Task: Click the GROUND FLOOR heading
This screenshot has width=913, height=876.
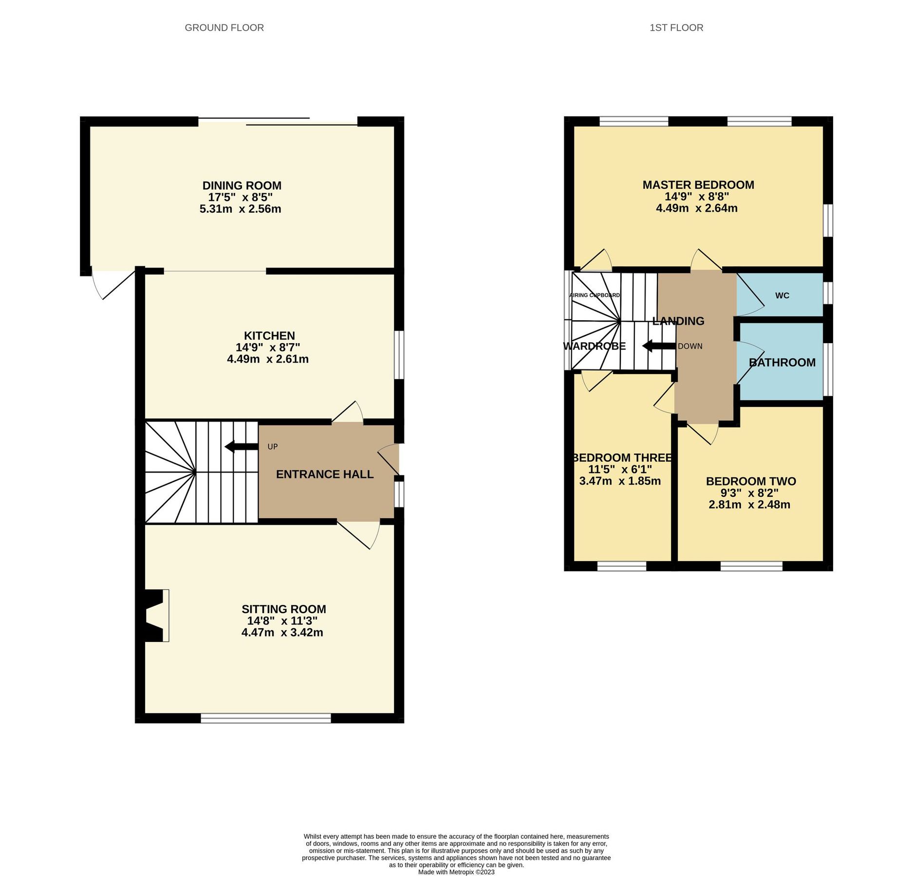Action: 224,28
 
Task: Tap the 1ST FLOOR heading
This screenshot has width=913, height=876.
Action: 676,28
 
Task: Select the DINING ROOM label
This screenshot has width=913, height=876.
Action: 242,185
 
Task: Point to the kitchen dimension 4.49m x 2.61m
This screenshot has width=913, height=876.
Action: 267,359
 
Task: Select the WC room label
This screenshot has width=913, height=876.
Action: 782,295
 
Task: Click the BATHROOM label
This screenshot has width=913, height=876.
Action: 782,363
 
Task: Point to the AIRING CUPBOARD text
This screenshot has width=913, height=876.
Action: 594,295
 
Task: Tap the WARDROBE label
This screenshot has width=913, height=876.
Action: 594,347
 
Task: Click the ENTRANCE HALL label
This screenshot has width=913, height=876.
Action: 324,474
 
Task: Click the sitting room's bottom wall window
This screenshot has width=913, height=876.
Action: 265,718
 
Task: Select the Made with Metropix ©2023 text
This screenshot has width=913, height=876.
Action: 456,872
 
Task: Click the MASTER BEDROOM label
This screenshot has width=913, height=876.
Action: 698,185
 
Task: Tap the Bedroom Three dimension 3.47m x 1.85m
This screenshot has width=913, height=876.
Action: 619,481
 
